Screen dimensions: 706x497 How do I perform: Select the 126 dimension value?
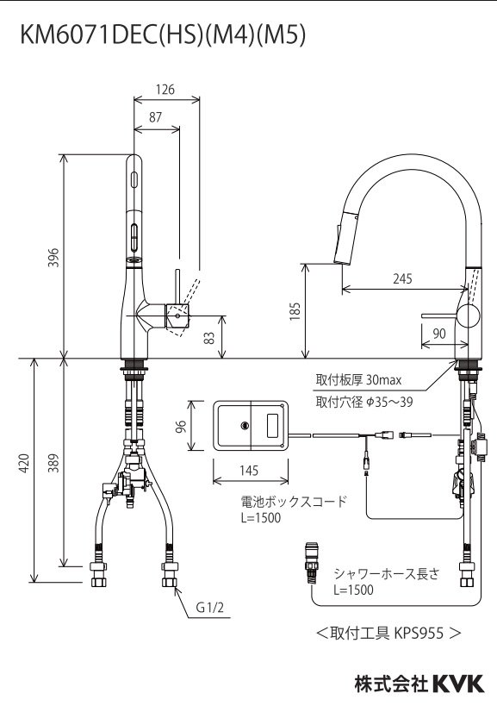click(x=165, y=89)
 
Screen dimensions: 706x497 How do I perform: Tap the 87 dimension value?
click(x=157, y=119)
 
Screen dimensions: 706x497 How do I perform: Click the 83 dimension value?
click(x=209, y=338)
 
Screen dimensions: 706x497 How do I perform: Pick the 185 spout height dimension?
click(x=293, y=310)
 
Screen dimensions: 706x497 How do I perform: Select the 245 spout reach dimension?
click(x=401, y=278)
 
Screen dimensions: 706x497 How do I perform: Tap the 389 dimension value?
click(x=53, y=463)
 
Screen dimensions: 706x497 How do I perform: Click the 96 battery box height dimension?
click(x=193, y=427)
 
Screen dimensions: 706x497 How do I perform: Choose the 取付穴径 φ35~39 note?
click(x=363, y=401)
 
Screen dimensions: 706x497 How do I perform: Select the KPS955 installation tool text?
click(x=388, y=632)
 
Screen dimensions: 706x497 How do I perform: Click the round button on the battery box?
click(x=245, y=425)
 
